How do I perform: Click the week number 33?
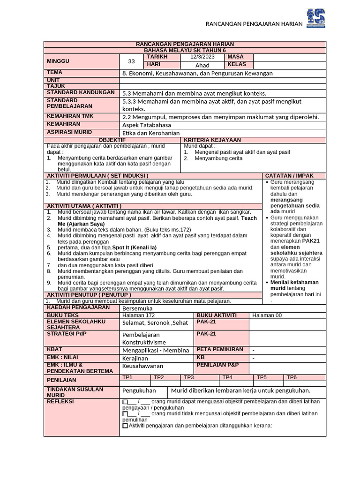pos(131,61)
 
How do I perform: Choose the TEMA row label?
pos(55,73)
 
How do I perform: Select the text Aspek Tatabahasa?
pos(147,125)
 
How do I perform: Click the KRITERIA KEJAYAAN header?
pos(212,140)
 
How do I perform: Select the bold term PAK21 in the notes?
pos(311,240)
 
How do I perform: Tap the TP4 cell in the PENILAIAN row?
pos(227,377)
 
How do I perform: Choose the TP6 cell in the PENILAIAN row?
pos(292,377)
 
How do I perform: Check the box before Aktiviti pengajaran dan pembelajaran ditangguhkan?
pos(125,426)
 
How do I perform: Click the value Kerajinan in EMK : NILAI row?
pos(135,358)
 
